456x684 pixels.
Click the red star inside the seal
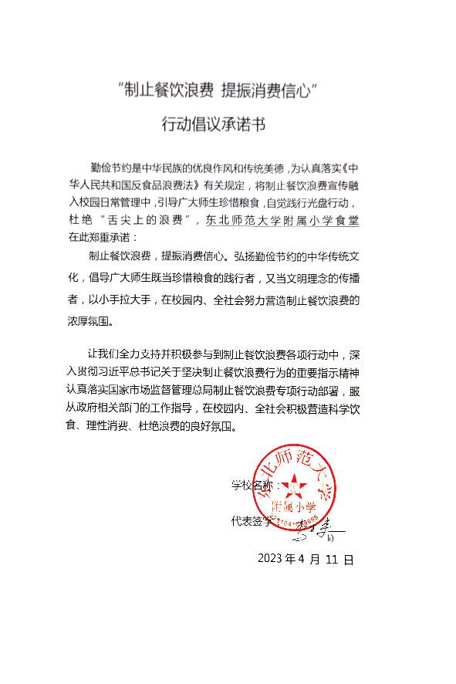click(293, 485)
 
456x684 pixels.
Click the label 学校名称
click(252, 485)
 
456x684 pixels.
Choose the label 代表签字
click(252, 520)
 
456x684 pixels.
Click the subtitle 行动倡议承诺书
click(214, 124)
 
